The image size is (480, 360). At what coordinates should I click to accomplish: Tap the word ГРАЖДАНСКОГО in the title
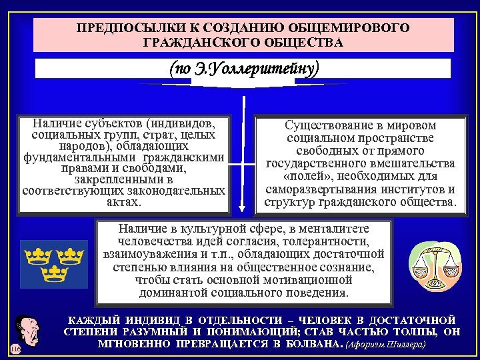pyautogui.click(x=184, y=43)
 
